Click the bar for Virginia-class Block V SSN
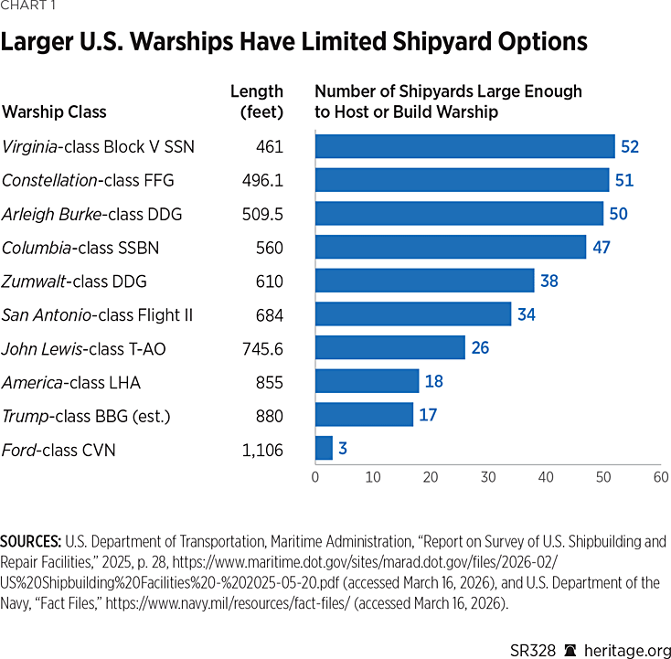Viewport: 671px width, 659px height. (x=464, y=146)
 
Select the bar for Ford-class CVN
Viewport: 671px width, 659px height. (x=324, y=449)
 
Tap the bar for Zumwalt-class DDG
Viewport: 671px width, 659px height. (x=424, y=281)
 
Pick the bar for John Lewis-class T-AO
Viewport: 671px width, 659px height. (x=389, y=348)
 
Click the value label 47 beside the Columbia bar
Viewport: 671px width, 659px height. (x=601, y=247)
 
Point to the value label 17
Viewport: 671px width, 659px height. (x=428, y=415)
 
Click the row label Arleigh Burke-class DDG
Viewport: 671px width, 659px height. (x=92, y=214)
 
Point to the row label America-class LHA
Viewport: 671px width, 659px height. (x=71, y=382)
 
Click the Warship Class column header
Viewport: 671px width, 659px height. (x=55, y=112)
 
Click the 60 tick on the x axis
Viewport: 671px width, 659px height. (x=661, y=477)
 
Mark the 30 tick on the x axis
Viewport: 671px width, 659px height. (x=488, y=477)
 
